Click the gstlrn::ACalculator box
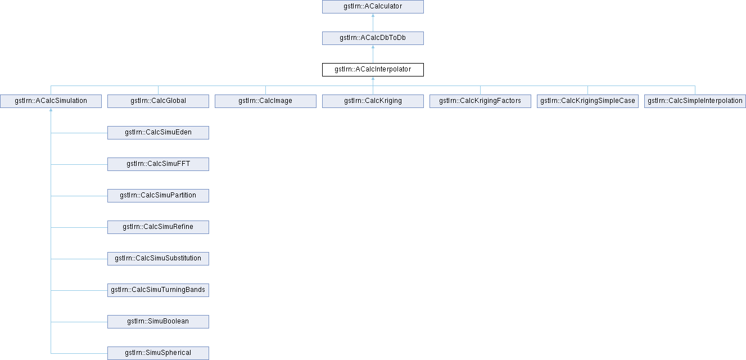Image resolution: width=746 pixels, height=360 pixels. (373, 7)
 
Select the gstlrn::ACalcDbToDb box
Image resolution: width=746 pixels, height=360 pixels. (373, 38)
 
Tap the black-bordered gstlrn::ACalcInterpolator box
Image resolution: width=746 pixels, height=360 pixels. (373, 70)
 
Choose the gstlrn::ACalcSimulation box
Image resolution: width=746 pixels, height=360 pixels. (51, 101)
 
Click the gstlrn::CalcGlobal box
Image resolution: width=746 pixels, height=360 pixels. (158, 101)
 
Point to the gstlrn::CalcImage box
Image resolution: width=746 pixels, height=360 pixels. (265, 101)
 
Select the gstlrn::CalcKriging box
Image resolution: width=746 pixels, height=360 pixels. (373, 101)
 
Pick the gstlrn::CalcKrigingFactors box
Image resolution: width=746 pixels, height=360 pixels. (480, 101)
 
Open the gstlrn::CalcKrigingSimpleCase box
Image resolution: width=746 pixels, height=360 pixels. (587, 101)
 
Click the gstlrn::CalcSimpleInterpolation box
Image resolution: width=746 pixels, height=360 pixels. (695, 101)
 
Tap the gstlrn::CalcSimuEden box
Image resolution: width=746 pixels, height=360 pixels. (158, 133)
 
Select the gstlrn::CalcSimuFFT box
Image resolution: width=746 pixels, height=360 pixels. (158, 164)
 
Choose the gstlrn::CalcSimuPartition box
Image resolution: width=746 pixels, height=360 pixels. (158, 196)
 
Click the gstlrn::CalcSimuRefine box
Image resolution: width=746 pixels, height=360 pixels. (158, 227)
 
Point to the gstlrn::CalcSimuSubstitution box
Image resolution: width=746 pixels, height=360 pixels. (158, 259)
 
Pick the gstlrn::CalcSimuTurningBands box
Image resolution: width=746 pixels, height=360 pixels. (158, 290)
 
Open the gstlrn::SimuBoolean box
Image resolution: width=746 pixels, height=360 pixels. (158, 322)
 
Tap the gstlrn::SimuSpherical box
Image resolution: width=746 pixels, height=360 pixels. (158, 353)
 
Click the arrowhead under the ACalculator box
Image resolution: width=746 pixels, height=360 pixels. (373, 16)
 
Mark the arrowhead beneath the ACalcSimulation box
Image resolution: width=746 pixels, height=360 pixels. (51, 110)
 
